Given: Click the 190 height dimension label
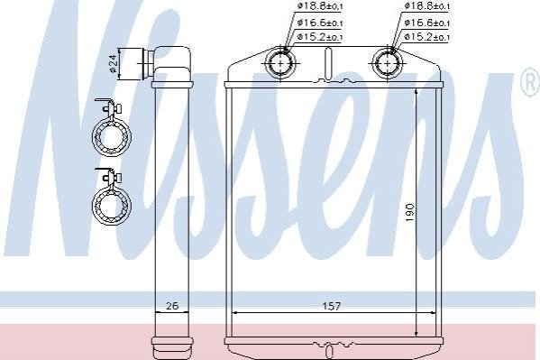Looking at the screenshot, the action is click(x=410, y=213).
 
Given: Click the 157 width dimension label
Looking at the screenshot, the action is click(x=331, y=306).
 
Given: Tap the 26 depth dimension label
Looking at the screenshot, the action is click(x=172, y=306).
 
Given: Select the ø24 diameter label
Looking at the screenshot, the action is click(x=114, y=64).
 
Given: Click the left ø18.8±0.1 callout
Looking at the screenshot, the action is click(x=320, y=5).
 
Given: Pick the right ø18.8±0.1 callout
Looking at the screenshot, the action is click(x=427, y=5).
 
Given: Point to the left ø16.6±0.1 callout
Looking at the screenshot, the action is click(x=320, y=23).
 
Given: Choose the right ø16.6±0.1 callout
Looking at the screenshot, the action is click(x=427, y=23).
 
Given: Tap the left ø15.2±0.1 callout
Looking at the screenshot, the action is click(x=320, y=37).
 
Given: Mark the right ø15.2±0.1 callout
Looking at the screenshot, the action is click(x=427, y=37).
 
